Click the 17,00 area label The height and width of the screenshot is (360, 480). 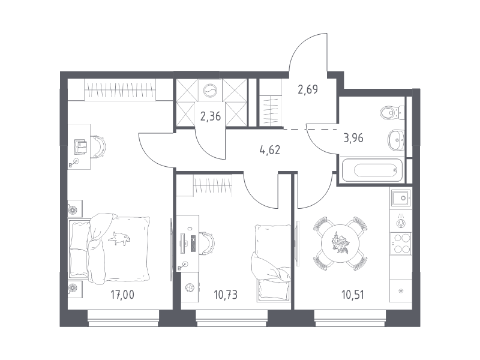click(122, 295)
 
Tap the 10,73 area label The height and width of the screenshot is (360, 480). click(226, 295)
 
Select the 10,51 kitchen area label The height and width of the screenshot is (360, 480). click(353, 295)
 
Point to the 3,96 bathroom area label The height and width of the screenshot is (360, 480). click(353, 138)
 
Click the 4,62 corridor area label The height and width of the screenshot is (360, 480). click(269, 150)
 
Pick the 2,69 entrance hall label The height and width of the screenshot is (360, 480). click(308, 89)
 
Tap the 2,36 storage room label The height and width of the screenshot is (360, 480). click(211, 116)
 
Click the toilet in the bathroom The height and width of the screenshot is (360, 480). click(392, 113)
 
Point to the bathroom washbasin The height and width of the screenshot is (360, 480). click(396, 140)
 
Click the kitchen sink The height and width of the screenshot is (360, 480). click(401, 198)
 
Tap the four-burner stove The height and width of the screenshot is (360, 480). click(401, 243)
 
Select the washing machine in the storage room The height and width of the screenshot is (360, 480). click(211, 91)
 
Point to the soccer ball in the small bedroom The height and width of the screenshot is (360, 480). click(190, 288)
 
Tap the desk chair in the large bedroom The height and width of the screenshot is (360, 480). click(98, 146)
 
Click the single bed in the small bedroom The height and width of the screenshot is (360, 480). click(272, 263)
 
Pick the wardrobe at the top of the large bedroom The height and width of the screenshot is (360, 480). click(119, 89)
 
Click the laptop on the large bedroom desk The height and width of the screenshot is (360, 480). click(80, 146)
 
